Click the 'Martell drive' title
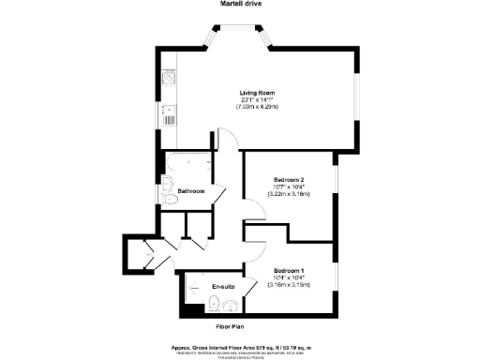pyautogui.click(x=240, y=5)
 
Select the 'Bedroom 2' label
pyautogui.click(x=289, y=179)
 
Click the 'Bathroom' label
pyautogui.click(x=191, y=191)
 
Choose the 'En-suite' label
pyautogui.click(x=223, y=285)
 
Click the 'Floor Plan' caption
pyautogui.click(x=231, y=326)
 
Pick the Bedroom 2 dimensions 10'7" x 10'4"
pyautogui.click(x=289, y=187)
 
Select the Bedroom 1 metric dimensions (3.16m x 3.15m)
pyautogui.click(x=289, y=285)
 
